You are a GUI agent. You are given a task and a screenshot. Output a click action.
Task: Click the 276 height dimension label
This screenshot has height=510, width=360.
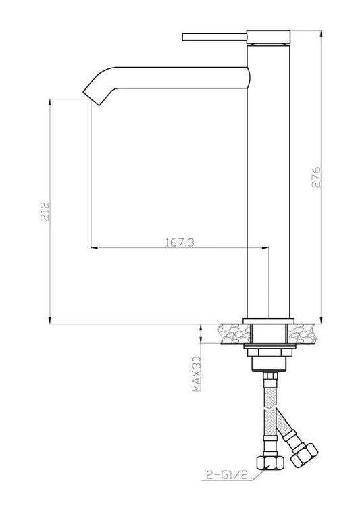click(316, 177)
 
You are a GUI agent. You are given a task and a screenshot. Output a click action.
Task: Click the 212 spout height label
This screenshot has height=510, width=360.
click(45, 211)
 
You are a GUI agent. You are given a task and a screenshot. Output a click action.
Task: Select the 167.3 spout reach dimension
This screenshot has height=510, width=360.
click(180, 243)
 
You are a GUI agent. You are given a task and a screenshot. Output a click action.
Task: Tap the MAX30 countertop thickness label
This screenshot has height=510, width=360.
click(197, 374)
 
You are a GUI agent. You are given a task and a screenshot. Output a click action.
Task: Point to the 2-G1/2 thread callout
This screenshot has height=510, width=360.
click(227, 475)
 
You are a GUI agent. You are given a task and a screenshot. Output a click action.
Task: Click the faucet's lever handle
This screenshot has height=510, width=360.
click(214, 36)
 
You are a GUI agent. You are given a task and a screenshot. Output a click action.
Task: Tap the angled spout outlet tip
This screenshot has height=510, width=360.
click(91, 97)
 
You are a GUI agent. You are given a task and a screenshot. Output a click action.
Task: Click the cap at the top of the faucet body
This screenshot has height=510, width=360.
click(268, 36)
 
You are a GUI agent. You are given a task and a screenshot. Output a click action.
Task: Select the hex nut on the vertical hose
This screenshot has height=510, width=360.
click(270, 462)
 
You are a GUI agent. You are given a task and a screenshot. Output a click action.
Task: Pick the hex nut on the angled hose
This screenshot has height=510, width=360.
click(304, 455)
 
